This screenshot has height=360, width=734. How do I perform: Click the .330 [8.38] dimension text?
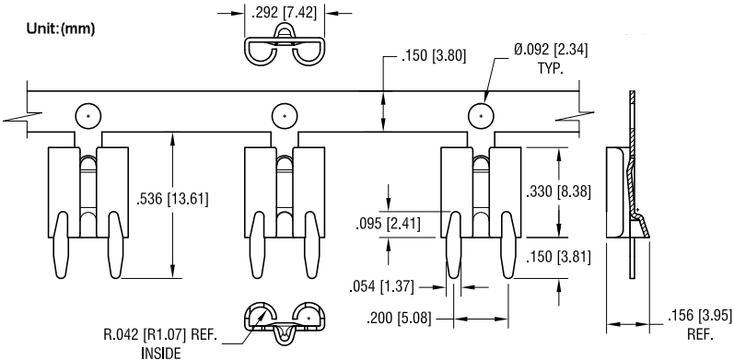556,192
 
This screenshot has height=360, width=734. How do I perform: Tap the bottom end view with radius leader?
285,320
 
